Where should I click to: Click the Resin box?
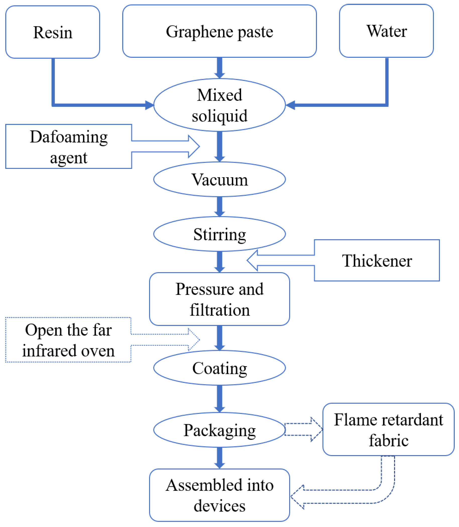(52, 32)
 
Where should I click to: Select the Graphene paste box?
(219, 31)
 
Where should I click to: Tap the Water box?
(386, 31)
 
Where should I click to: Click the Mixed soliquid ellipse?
(219, 105)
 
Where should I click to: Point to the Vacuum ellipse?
(219, 179)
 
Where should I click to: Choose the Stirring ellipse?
(219, 234)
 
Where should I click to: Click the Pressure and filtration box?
(219, 299)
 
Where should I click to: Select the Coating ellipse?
(219, 368)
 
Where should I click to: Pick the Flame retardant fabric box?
(388, 429)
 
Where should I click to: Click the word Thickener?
(377, 261)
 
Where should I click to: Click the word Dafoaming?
(69, 137)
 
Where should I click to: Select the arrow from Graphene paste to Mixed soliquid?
(220, 68)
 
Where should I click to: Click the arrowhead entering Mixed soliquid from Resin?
(149, 105)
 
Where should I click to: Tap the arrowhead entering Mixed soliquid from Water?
(290, 105)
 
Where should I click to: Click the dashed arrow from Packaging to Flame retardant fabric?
(303, 429)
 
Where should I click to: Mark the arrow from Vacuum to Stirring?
(220, 207)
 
